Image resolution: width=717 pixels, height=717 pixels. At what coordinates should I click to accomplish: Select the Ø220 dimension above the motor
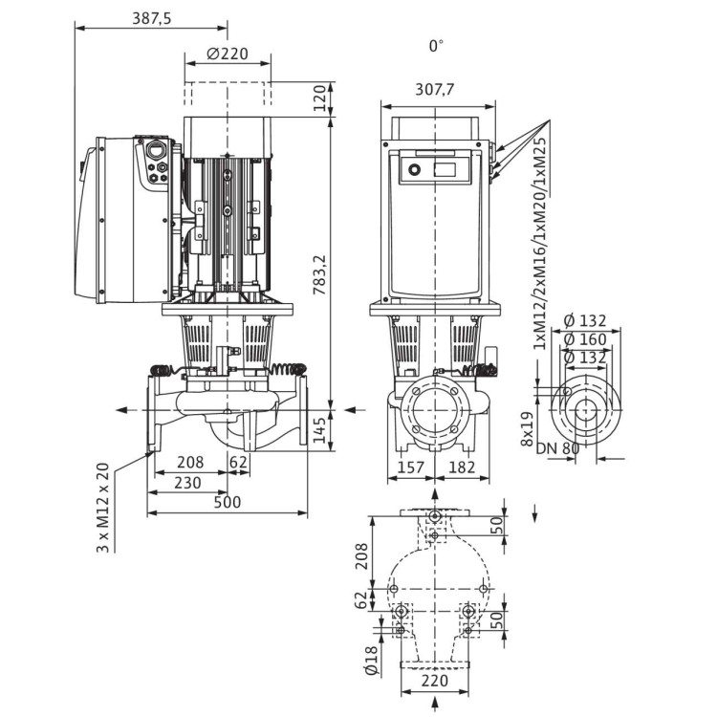(227, 54)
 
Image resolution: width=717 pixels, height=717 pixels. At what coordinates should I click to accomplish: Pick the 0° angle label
(437, 45)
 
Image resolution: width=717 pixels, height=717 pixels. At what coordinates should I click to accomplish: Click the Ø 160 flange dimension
(582, 338)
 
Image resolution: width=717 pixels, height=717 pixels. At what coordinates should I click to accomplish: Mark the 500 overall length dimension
(227, 502)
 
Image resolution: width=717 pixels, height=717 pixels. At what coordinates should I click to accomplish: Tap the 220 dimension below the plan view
(436, 682)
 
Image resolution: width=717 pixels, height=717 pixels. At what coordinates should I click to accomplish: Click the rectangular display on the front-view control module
(447, 170)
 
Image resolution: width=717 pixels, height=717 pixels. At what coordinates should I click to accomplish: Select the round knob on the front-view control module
(415, 171)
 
